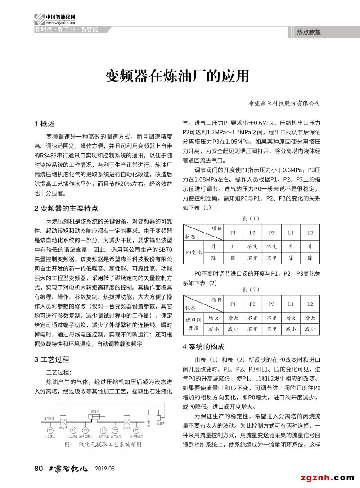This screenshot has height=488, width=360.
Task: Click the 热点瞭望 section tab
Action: point(309,32)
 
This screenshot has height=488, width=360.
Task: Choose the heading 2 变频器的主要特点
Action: point(66,208)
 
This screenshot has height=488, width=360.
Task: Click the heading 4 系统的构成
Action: point(203,347)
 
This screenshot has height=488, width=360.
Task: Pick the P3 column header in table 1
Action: point(271,233)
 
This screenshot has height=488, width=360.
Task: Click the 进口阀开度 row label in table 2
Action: point(194,323)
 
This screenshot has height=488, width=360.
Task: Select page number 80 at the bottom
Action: point(38,469)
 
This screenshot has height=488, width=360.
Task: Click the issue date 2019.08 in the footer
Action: point(105,469)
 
